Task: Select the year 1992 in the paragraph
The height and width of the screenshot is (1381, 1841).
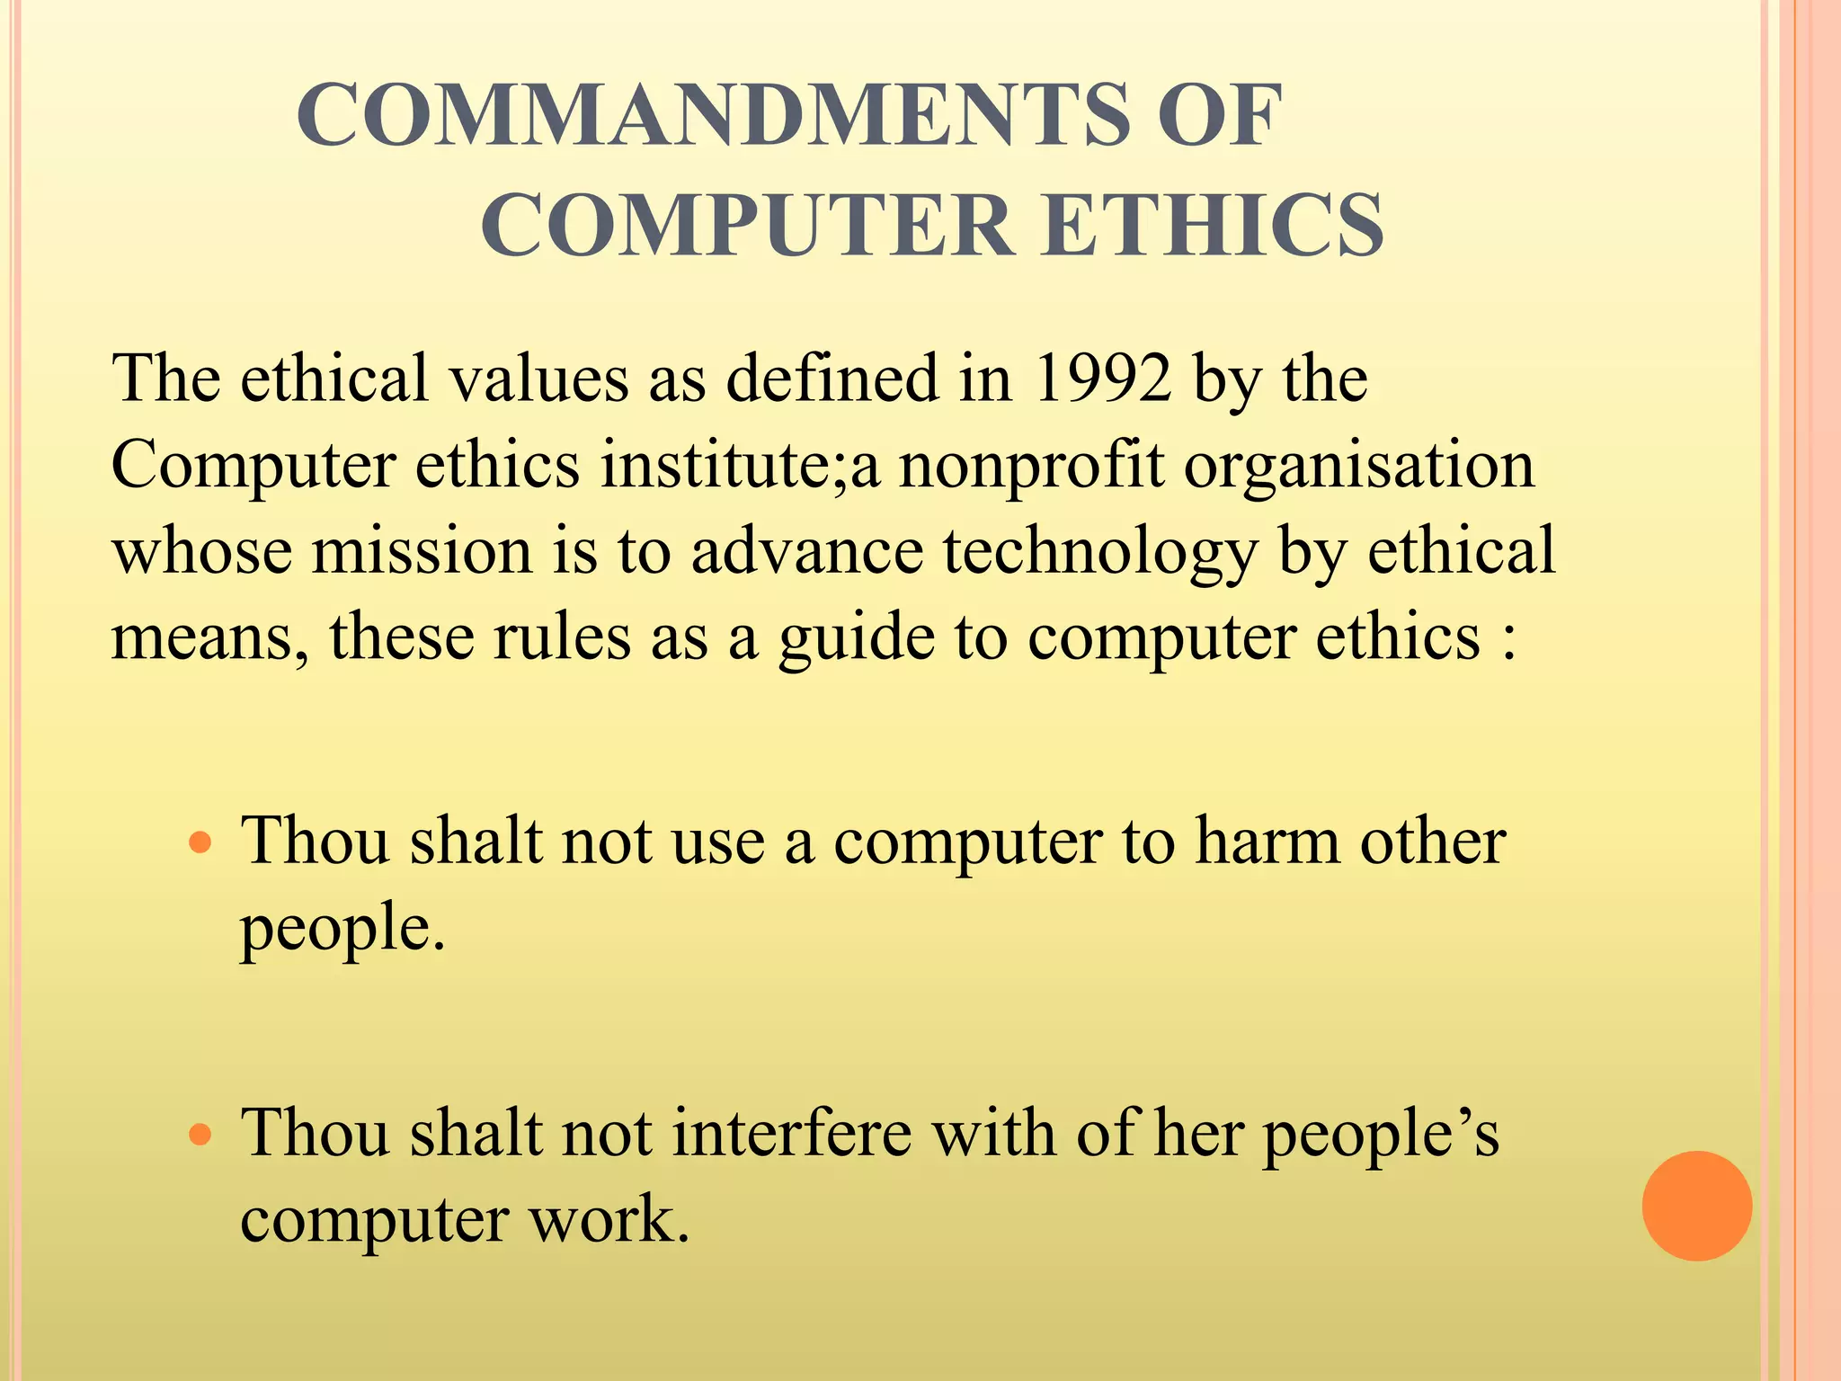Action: tap(1104, 379)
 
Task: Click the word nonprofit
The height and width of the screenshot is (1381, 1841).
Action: tap(1031, 466)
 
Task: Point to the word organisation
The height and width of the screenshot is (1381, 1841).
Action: tap(1359, 466)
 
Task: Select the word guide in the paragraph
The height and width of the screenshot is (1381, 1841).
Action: tap(857, 637)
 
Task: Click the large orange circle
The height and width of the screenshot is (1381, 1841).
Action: tap(1696, 1206)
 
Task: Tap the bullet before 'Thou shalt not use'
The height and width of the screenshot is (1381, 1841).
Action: tap(200, 843)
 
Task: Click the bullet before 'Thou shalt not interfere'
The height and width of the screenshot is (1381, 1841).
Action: tap(200, 1136)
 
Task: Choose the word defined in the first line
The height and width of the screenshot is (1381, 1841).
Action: tap(832, 379)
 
